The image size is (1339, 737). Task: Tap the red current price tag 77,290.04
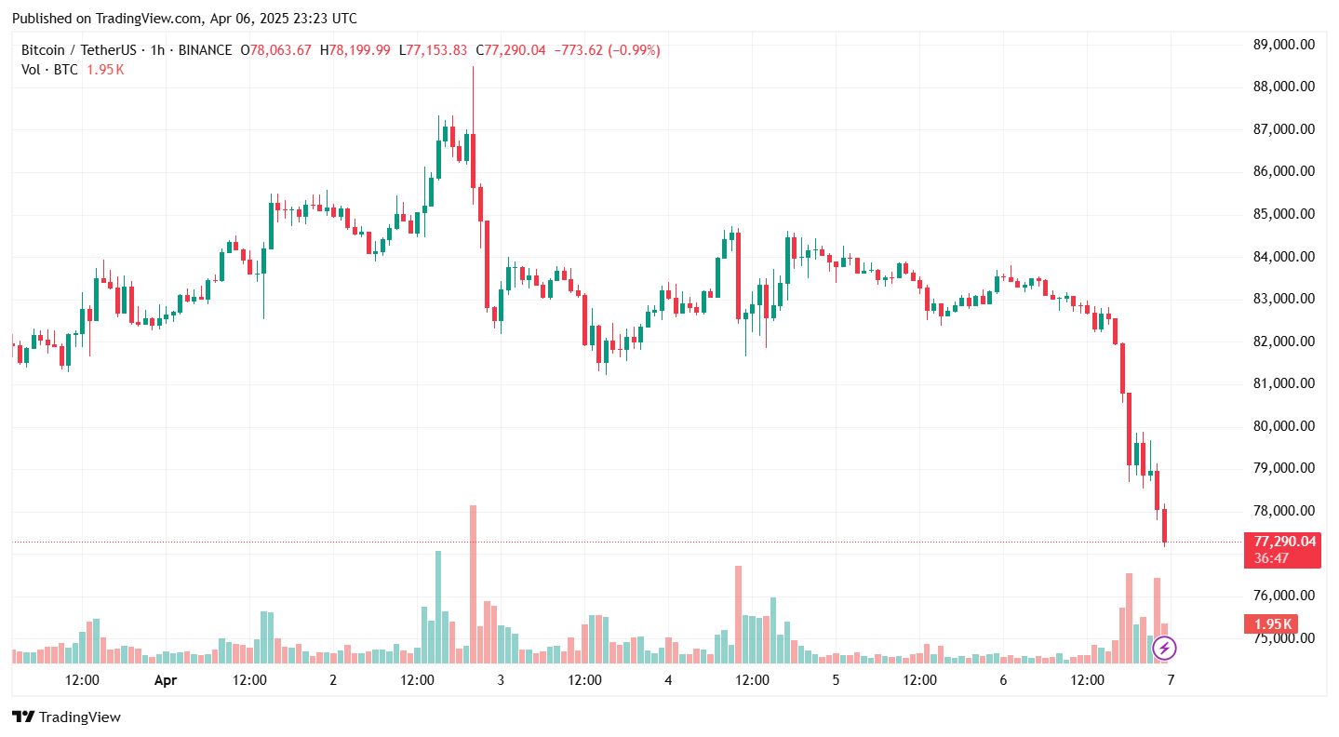coord(1285,541)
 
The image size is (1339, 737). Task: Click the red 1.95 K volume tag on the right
coord(1270,623)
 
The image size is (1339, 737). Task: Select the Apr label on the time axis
coord(165,680)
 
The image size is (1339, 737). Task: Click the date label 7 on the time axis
coord(1171,680)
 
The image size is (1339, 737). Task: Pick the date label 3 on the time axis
coord(501,680)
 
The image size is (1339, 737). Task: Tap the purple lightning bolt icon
coord(1165,648)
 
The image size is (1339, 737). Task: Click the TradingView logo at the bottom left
coord(66,717)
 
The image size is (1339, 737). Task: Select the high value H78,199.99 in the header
coord(355,50)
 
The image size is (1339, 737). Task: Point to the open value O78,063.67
coord(275,50)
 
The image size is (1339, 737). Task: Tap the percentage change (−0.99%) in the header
coord(634,50)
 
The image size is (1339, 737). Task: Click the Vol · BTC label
coord(50,70)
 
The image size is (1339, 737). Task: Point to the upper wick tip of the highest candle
coord(473,67)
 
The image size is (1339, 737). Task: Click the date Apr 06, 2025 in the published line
coord(256,19)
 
